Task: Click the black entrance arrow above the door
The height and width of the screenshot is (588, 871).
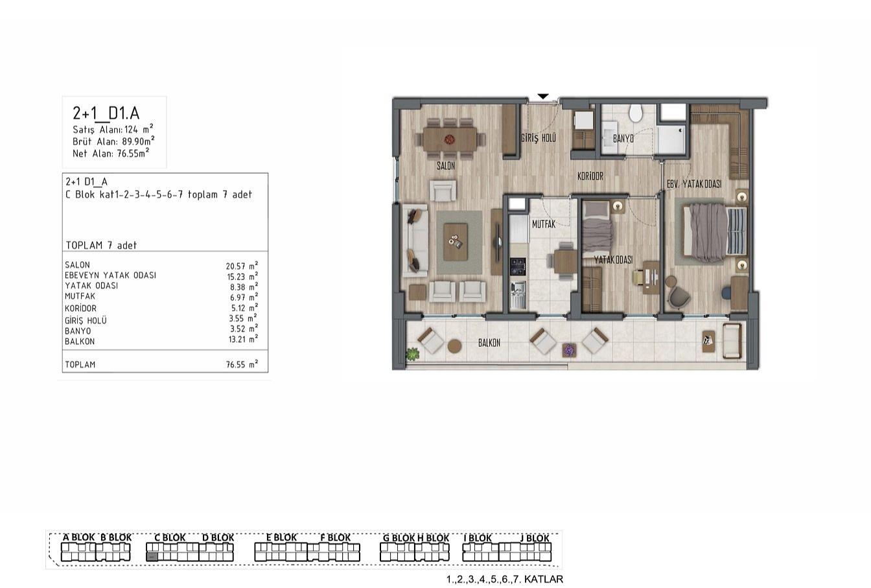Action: (x=543, y=96)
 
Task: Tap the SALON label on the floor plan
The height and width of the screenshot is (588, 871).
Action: (x=446, y=166)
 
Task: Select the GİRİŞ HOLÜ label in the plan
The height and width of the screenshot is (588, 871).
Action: (x=538, y=138)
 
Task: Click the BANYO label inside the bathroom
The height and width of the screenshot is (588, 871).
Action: (x=623, y=139)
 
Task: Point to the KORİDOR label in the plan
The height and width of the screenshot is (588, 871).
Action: (x=590, y=176)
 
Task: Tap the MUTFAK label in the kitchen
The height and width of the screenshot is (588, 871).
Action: (x=544, y=224)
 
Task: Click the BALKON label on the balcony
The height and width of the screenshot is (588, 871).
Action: (x=489, y=343)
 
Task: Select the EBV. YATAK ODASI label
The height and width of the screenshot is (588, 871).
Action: (x=694, y=184)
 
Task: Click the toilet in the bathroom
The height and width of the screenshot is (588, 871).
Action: (x=636, y=113)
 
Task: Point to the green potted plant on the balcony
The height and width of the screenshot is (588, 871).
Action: (x=412, y=354)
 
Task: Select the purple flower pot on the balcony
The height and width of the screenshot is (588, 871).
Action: (x=569, y=350)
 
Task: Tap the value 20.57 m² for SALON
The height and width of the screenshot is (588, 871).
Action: (x=242, y=266)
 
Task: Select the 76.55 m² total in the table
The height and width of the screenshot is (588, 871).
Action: (x=242, y=364)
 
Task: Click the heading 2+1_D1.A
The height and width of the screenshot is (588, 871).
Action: (x=106, y=113)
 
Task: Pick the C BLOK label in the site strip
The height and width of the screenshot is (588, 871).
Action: (x=170, y=537)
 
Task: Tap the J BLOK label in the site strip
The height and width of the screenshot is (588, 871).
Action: (x=535, y=538)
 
